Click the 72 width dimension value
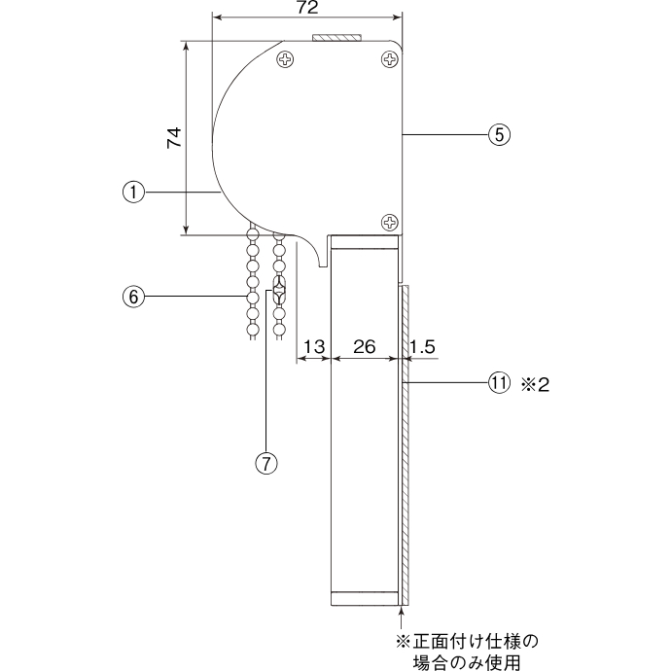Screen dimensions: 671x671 pos(307,9)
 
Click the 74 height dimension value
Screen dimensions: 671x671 pos(174,137)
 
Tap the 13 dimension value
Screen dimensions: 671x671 pos(314,346)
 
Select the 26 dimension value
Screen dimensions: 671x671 pos(365,346)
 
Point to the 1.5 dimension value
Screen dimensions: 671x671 pos(424,346)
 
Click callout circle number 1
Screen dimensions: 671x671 pos(133,193)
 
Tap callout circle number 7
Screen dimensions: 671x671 pos(266,464)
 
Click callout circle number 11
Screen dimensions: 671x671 pos(498,383)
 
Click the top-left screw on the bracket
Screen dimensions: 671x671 pos(287,60)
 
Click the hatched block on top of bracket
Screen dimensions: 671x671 pos(335,39)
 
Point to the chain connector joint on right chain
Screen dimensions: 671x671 pos(280,289)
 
